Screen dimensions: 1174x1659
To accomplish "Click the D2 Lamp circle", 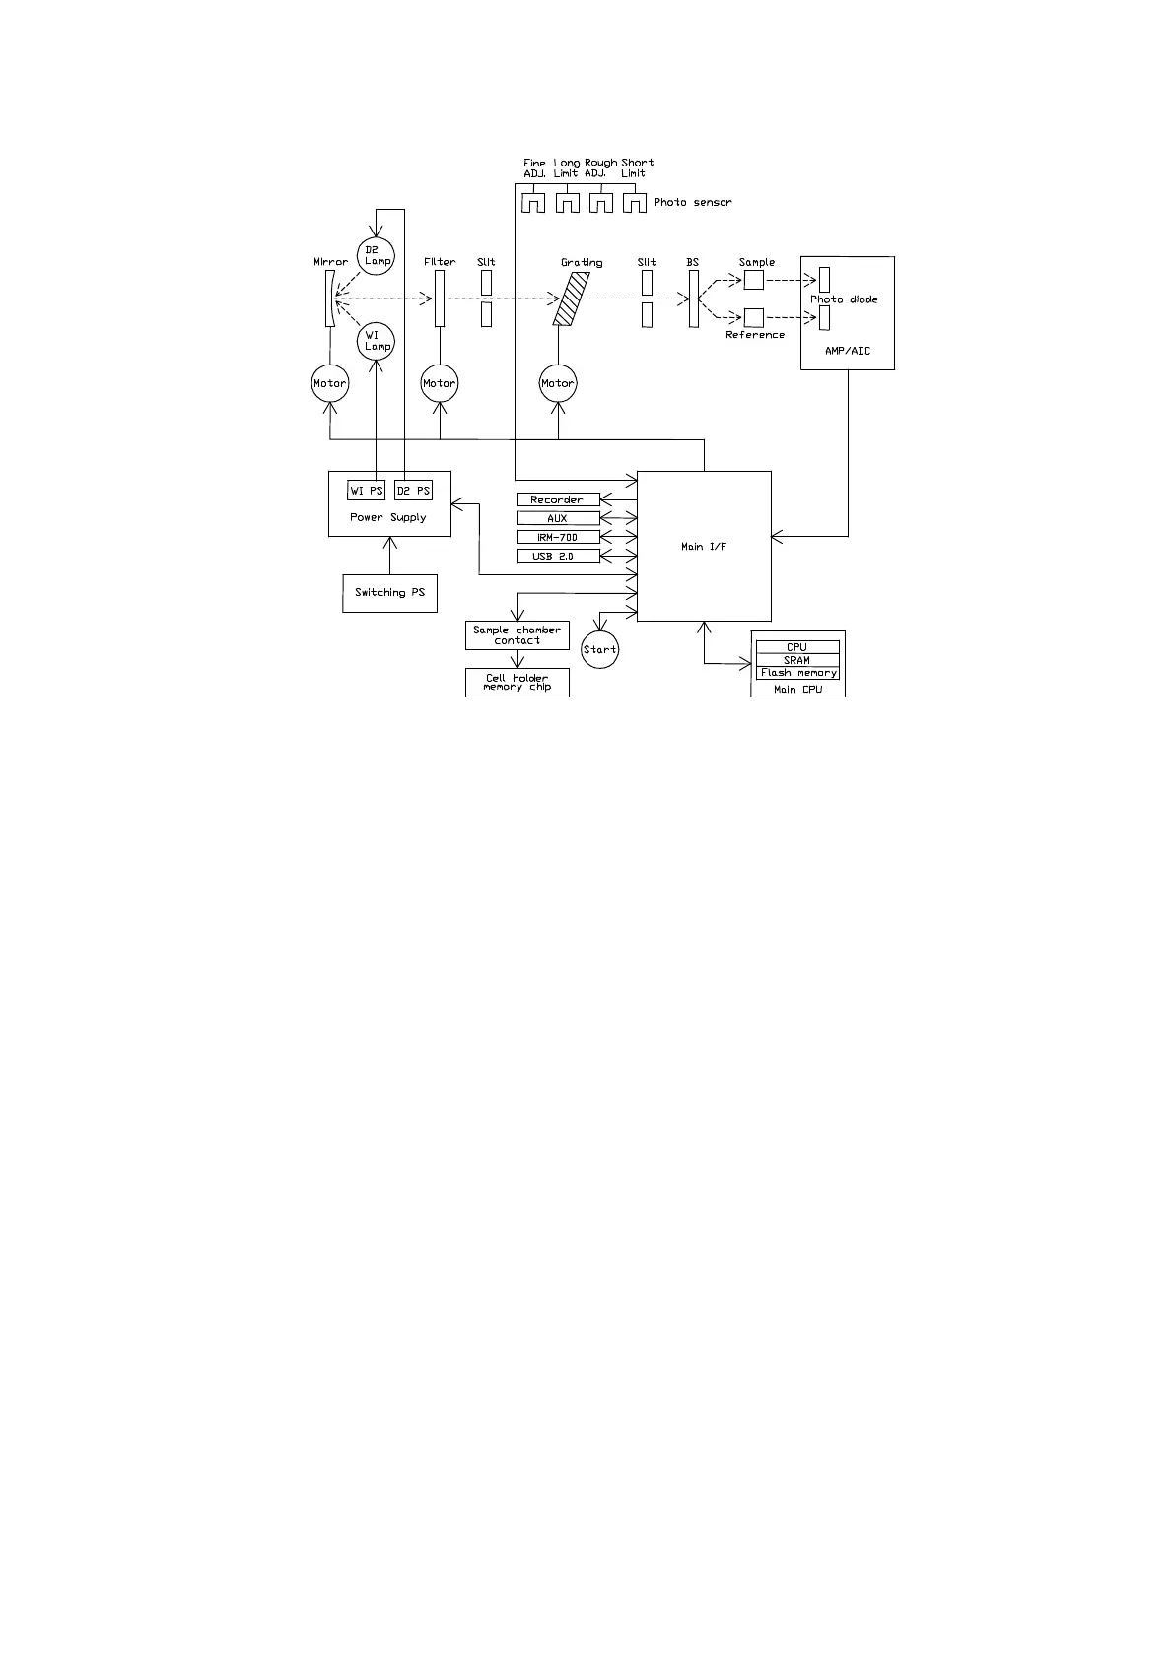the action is [x=375, y=255].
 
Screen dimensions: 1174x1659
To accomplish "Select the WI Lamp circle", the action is [x=376, y=341].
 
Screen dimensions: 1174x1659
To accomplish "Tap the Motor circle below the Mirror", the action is [x=330, y=383].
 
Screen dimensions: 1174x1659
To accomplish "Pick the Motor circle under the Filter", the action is [x=440, y=383].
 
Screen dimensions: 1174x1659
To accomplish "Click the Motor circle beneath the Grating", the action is [x=558, y=383].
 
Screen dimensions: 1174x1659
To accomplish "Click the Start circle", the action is [x=599, y=649].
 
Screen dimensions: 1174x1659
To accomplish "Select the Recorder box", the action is [x=558, y=499].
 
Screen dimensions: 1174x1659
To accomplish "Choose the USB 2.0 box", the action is [x=558, y=557].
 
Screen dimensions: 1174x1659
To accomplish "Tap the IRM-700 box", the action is [x=558, y=537].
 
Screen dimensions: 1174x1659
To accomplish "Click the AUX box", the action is [x=558, y=518].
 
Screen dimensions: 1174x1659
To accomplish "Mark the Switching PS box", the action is [x=389, y=593].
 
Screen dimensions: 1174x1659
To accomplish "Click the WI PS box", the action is [x=367, y=491].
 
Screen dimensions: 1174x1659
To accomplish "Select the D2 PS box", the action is [x=413, y=491].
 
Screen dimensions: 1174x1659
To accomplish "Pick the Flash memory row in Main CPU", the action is [x=797, y=673].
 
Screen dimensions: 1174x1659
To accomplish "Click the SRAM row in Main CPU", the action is [x=797, y=660].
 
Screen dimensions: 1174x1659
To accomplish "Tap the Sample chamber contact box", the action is [x=517, y=635].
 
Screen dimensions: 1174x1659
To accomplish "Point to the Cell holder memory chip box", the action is [x=517, y=683].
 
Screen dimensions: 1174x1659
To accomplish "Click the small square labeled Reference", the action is [x=754, y=317].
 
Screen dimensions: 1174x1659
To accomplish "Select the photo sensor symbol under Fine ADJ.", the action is [x=533, y=203].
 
